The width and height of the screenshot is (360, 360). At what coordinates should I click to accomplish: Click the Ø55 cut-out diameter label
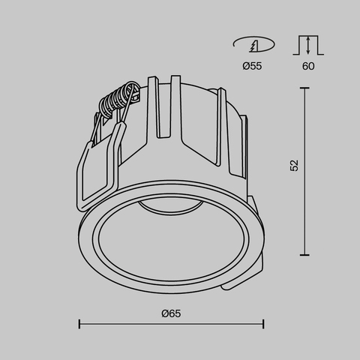[x=251, y=67]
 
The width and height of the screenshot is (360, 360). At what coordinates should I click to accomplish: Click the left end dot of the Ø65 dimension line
[x=80, y=324]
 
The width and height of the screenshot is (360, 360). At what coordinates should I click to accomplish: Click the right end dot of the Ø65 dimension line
[x=263, y=324]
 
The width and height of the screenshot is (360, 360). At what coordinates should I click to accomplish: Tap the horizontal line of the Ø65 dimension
[x=172, y=324]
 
